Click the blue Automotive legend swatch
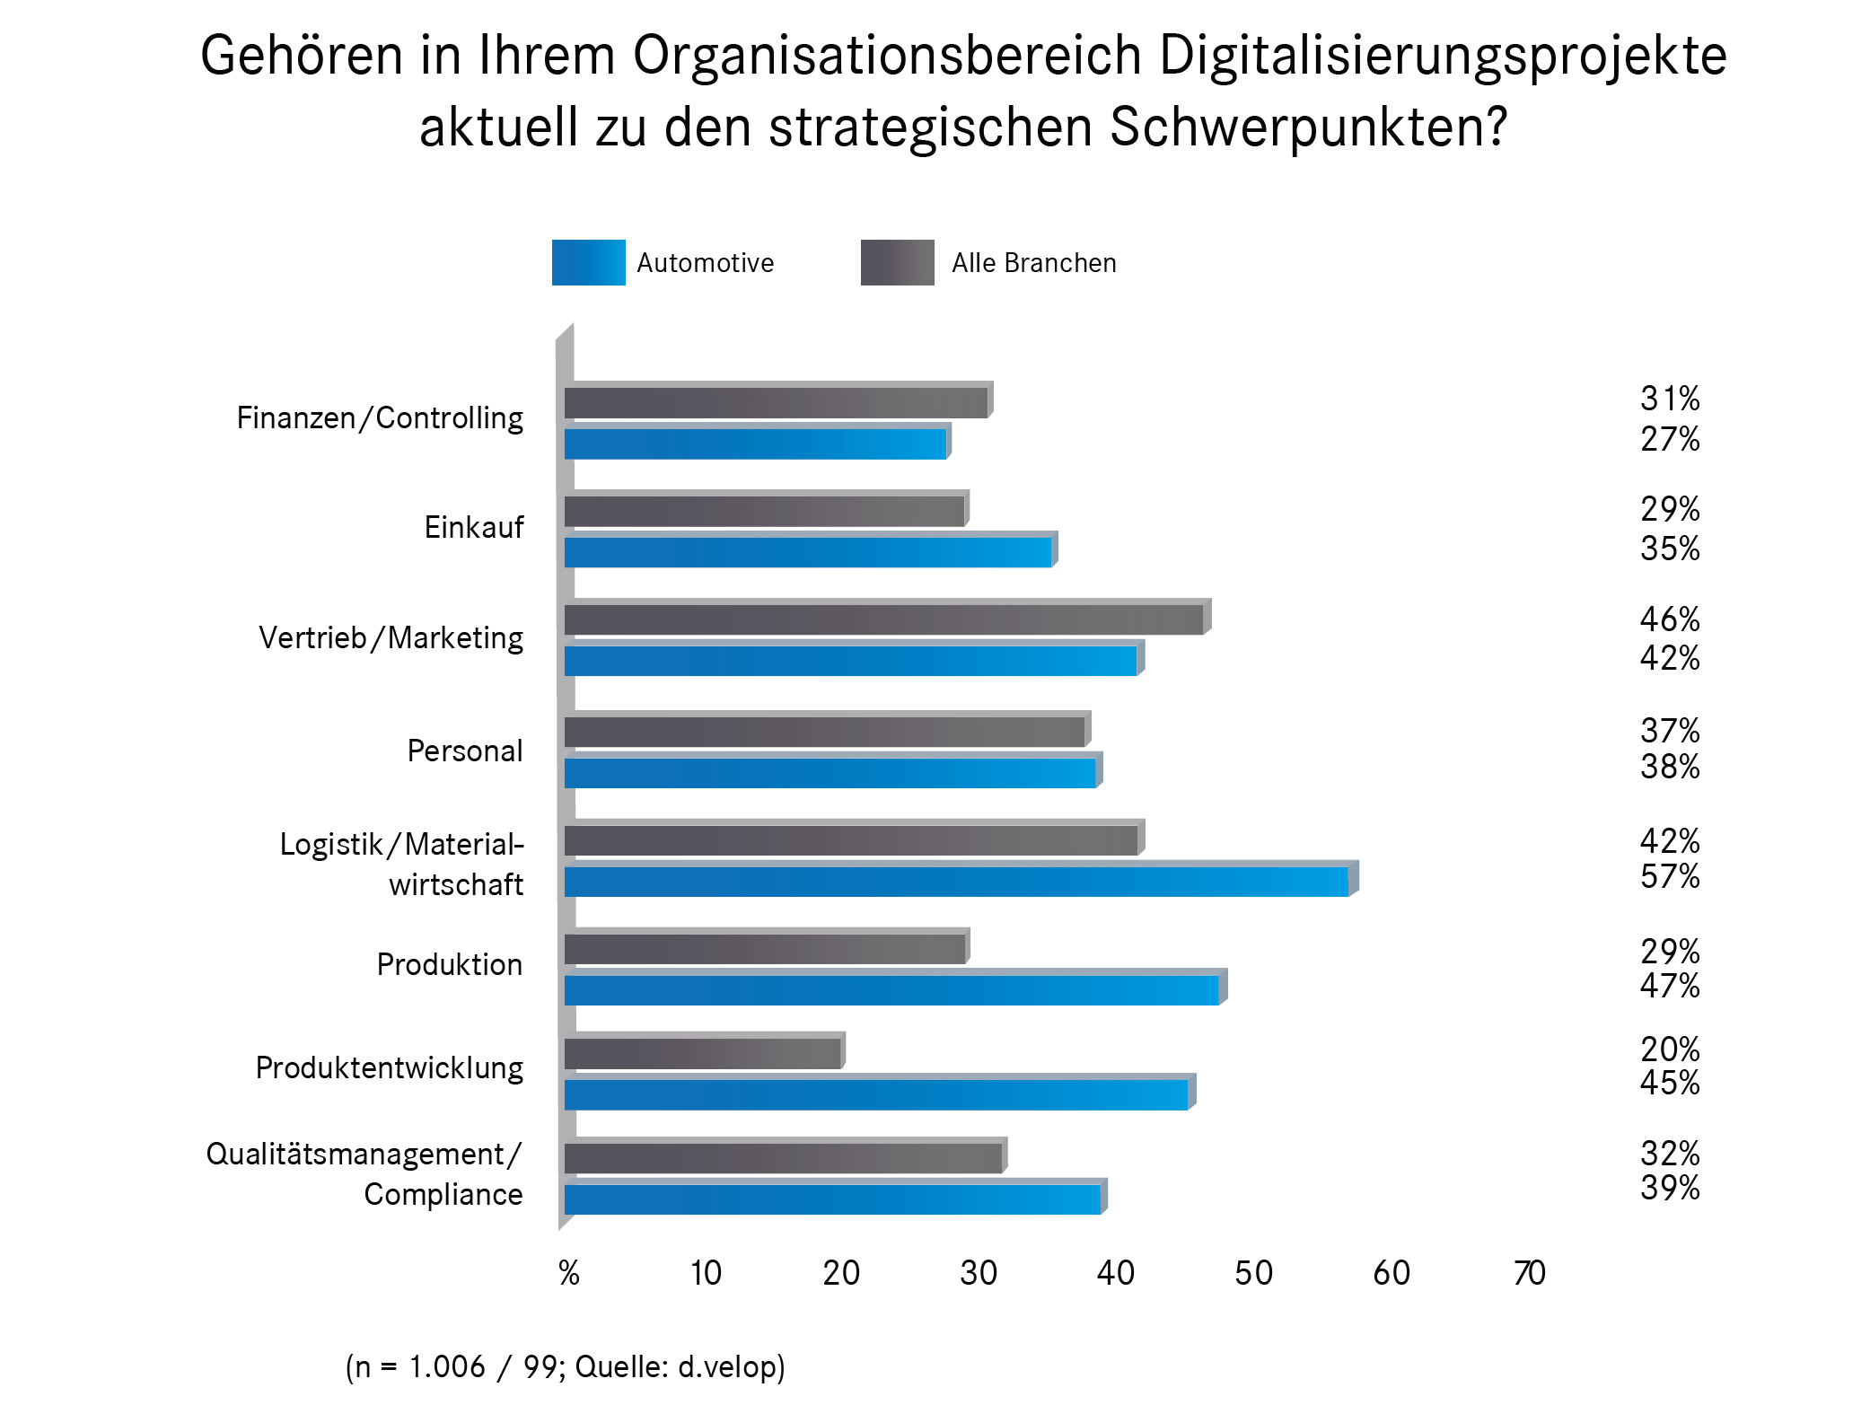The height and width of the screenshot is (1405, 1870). (588, 262)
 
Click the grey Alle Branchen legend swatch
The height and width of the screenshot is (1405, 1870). (897, 262)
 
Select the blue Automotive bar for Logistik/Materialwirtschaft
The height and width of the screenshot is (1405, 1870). (956, 882)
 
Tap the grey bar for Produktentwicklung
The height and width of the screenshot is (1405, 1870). (703, 1053)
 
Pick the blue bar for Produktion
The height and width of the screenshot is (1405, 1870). (891, 990)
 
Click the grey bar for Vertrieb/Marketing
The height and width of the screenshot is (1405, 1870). (884, 619)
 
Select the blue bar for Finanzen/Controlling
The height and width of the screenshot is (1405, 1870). (755, 444)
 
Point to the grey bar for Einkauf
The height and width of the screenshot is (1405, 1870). (764, 512)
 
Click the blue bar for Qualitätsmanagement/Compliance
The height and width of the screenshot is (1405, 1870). (832, 1199)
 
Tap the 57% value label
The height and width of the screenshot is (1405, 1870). (1669, 876)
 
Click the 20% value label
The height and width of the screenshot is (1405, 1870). (1669, 1049)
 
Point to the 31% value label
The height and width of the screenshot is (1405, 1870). (1669, 399)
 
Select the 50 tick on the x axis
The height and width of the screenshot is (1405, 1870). (1253, 1272)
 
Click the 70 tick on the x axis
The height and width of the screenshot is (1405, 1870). (1529, 1272)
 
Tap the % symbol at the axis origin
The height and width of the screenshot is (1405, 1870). (568, 1272)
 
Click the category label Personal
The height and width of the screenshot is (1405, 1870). (464, 751)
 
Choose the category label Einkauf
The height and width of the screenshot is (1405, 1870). (473, 527)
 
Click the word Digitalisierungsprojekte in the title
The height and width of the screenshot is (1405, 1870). (1442, 56)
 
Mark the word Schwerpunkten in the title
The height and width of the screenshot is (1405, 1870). (1308, 127)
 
